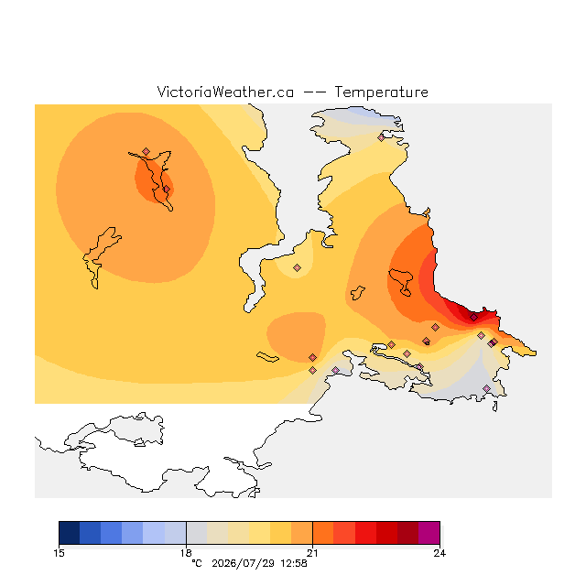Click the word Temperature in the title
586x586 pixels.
click(381, 92)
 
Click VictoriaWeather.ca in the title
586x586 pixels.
click(225, 92)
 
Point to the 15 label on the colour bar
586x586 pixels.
click(59, 553)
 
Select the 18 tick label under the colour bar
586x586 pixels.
click(186, 553)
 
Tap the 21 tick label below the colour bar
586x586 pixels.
click(313, 553)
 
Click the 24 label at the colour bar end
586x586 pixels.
click(439, 553)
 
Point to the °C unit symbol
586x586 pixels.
click(197, 563)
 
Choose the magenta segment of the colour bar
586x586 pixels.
click(429, 533)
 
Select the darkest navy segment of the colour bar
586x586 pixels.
click(70, 533)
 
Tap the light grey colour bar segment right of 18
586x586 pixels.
click(197, 533)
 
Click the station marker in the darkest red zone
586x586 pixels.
click(473, 318)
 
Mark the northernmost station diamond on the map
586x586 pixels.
click(381, 138)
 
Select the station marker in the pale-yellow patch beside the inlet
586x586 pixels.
click(297, 267)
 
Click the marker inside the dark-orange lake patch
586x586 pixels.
click(167, 190)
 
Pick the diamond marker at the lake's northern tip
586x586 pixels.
click(146, 151)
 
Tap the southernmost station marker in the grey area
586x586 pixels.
click(486, 388)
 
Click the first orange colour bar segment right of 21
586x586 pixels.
click(323, 533)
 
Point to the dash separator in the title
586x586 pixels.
click(314, 92)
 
